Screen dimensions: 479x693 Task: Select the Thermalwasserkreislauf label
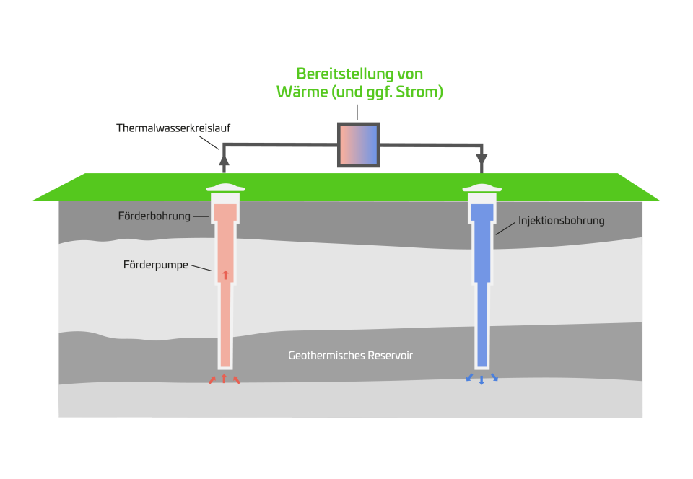coord(173,128)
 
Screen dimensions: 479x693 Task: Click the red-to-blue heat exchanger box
coord(359,145)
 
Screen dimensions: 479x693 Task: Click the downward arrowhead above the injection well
coord(481,159)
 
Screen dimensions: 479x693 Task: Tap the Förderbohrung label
coord(154,216)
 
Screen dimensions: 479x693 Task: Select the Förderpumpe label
coord(155,265)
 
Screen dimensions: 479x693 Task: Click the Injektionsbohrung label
coord(561,221)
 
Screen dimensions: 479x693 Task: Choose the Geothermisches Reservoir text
coord(350,356)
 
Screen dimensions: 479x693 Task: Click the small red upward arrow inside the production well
coord(225,274)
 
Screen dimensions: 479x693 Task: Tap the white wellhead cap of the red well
coord(225,190)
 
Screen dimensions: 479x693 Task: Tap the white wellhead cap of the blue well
coord(481,190)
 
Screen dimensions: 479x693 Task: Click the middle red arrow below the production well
coord(224,379)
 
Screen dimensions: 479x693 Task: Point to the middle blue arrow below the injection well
coord(481,379)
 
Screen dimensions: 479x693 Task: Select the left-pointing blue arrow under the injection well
coord(469,377)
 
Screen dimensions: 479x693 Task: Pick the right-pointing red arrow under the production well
coord(236,379)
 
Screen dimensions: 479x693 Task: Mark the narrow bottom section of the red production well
coord(225,332)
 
